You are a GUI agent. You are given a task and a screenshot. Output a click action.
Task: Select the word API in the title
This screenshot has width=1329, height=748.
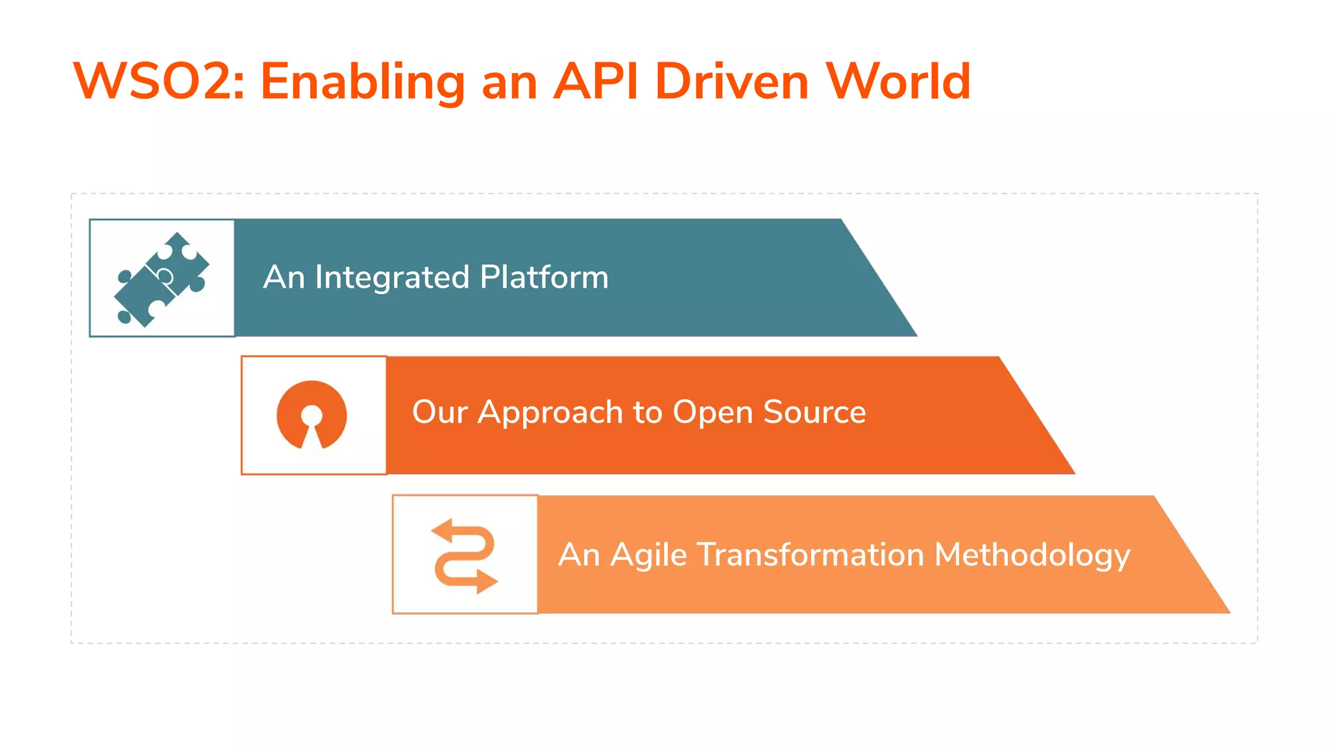[x=596, y=81]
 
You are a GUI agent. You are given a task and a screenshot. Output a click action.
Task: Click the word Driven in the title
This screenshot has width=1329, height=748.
[x=731, y=81]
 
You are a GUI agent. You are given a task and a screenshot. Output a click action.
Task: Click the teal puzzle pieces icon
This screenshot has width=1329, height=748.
[x=162, y=279]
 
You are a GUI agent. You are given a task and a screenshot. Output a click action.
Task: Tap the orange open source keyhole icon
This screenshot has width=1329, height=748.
[x=312, y=415]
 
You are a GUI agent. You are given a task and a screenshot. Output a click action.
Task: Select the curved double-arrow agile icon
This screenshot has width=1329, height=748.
[x=465, y=556]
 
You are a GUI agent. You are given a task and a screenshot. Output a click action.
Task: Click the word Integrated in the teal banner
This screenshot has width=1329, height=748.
[x=392, y=278]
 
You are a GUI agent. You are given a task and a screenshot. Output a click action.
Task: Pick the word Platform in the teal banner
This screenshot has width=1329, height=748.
[x=544, y=278]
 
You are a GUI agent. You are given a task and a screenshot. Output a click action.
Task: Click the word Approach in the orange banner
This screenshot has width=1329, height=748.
[x=550, y=413]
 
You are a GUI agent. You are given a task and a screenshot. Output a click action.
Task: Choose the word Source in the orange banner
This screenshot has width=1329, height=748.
[x=814, y=412]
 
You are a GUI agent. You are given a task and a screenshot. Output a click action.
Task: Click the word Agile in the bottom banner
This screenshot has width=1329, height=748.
[x=648, y=556]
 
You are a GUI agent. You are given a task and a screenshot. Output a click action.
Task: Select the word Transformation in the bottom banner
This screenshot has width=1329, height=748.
[x=811, y=555]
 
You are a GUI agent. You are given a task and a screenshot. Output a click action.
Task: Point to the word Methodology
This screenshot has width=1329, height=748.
[x=1032, y=556]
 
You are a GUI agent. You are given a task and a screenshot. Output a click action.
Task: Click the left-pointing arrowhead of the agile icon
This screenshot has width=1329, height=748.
[x=442, y=530]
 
